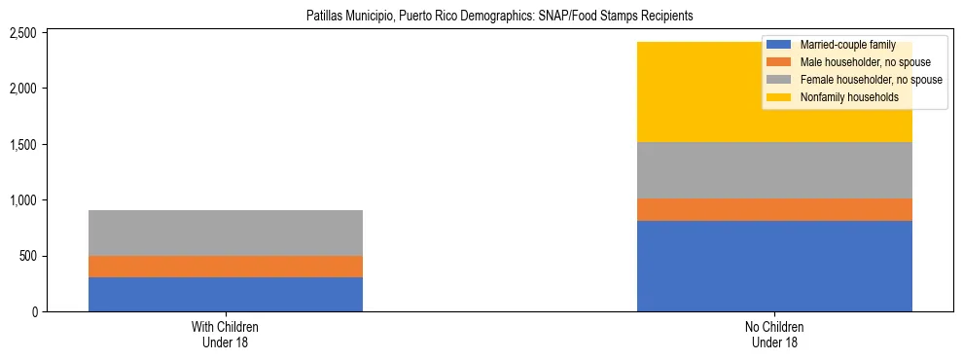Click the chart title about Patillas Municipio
point(481,17)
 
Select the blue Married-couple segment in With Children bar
point(226,294)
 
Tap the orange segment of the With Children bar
point(226,267)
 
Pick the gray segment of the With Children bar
point(226,233)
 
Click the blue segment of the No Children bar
point(774,266)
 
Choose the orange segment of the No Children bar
point(774,209)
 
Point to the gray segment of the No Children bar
point(774,170)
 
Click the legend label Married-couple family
point(847,45)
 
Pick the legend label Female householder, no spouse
point(871,80)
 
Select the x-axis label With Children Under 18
point(226,335)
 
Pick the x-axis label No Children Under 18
point(774,335)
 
